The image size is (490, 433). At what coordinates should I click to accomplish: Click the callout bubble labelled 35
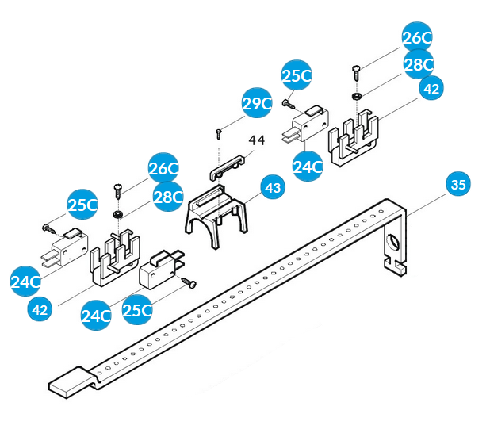pyautogui.click(x=457, y=185)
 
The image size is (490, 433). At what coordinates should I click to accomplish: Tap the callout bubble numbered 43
pyautogui.click(x=273, y=188)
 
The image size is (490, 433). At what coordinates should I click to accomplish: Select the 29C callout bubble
pyautogui.click(x=257, y=103)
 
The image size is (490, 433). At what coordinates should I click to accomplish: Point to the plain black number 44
pyautogui.click(x=256, y=140)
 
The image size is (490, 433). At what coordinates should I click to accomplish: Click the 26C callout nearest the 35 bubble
pyautogui.click(x=417, y=38)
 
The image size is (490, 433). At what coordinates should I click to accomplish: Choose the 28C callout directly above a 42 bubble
pyautogui.click(x=418, y=63)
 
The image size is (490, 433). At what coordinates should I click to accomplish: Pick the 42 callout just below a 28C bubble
pyautogui.click(x=431, y=89)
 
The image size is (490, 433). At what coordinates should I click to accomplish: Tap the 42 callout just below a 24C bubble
pyautogui.click(x=40, y=309)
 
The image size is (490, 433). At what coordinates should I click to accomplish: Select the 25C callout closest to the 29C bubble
pyautogui.click(x=297, y=77)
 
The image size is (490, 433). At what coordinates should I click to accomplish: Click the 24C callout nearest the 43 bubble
pyautogui.click(x=307, y=167)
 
